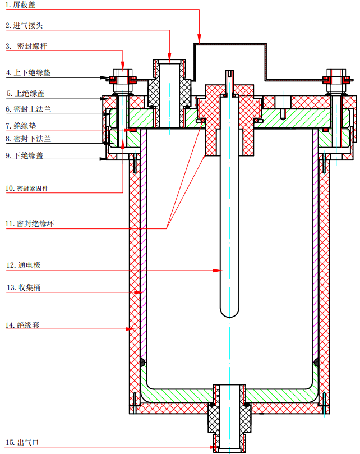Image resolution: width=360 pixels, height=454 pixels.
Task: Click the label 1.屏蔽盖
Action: (20, 6)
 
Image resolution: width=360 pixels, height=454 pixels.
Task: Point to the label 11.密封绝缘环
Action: (31, 224)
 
